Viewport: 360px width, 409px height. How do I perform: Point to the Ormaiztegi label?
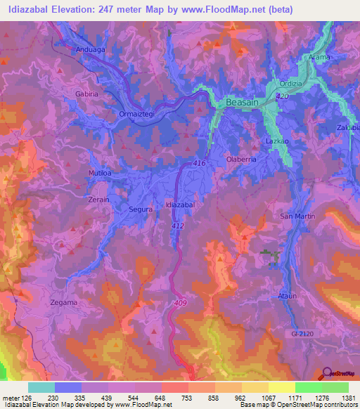136,113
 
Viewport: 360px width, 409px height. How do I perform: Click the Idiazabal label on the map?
179,204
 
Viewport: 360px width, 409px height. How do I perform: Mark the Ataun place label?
289,295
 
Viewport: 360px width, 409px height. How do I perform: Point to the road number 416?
198,164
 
